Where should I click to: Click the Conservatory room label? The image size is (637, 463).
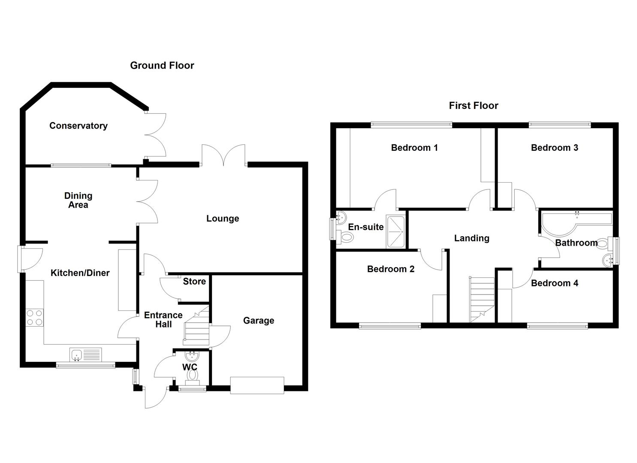[x=78, y=126]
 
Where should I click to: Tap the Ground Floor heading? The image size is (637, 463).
[x=162, y=66]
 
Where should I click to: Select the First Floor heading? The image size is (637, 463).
[x=473, y=105]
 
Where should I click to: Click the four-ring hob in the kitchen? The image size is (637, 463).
[x=34, y=317]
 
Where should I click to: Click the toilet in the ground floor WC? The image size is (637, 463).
[x=192, y=375]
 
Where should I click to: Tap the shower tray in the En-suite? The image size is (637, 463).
[x=395, y=231]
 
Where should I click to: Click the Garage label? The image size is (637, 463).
[x=258, y=321]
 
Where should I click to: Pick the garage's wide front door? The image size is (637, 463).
[x=257, y=385]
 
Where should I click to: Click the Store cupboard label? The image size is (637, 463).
[x=194, y=282]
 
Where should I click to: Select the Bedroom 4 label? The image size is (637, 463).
[x=554, y=283]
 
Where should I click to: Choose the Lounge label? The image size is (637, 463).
[x=222, y=219]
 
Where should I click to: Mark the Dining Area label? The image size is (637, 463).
[x=78, y=200]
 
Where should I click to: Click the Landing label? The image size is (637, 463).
[x=471, y=238]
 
